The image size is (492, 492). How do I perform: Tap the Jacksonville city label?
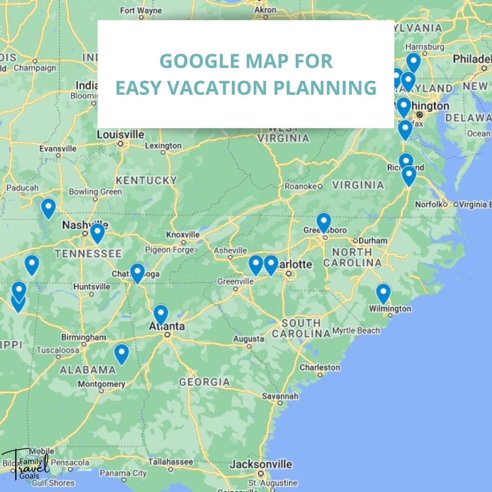coord(260,464)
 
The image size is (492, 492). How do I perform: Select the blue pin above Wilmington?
coord(383,292)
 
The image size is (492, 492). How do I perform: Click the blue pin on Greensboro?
coord(323,221)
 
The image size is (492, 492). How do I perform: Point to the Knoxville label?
coord(183,234)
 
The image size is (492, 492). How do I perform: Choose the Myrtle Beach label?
coord(356,331)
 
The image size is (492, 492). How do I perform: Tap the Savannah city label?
coord(280,396)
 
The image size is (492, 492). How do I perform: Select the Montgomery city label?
coord(101,384)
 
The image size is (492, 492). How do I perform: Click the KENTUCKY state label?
coord(146,180)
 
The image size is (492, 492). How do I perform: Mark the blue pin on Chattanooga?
coord(137,272)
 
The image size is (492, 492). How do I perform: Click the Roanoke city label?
coord(300,186)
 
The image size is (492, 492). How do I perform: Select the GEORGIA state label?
coord(204,382)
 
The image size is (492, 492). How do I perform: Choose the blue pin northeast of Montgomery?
coord(121,353)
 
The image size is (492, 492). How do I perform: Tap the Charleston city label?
coord(319,367)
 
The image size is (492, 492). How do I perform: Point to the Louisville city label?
coord(120,135)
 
